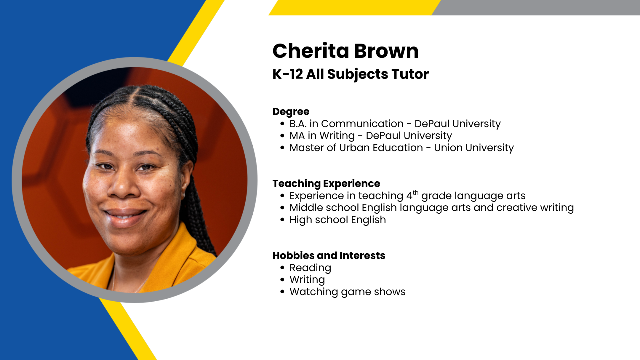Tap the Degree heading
tap(291, 112)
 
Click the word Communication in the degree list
tap(362, 124)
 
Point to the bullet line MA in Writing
tap(371, 136)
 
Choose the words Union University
tap(474, 148)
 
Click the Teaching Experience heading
tap(326, 184)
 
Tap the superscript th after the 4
tap(415, 193)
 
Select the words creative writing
tap(535, 208)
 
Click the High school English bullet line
tap(338, 220)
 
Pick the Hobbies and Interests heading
tap(329, 255)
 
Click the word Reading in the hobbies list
tap(310, 268)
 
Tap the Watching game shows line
tap(348, 292)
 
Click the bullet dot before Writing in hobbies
tap(282, 280)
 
